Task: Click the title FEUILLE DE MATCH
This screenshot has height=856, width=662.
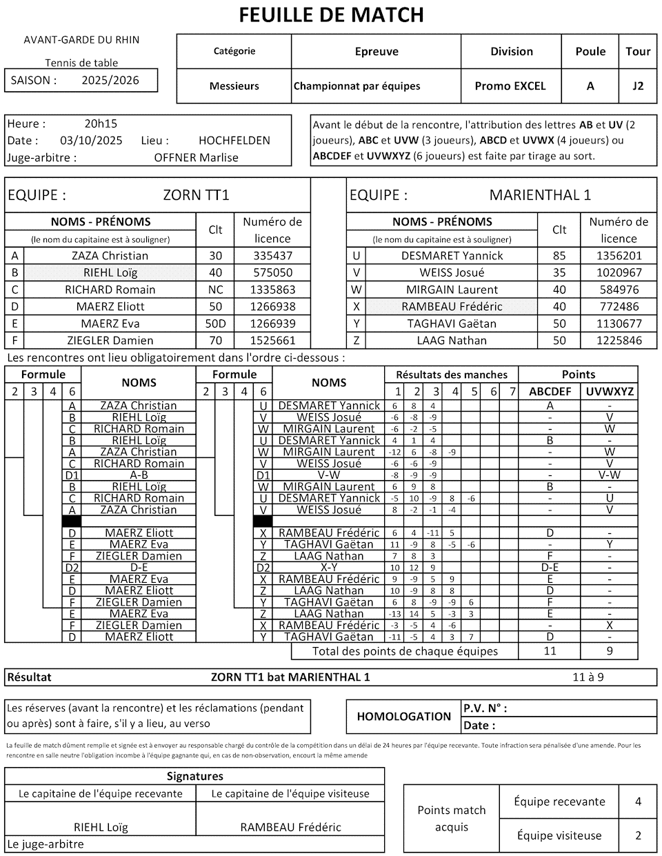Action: pos(331,14)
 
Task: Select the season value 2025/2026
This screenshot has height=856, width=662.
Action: pos(110,80)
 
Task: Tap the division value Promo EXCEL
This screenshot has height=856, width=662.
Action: pos(510,86)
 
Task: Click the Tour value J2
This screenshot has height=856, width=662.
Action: pos(638,86)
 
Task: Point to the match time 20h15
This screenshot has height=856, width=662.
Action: pos(101,124)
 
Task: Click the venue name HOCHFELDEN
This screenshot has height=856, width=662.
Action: pos(234,141)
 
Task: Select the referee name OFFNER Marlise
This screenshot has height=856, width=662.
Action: pos(196,157)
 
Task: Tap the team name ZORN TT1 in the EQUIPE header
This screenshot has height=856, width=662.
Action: pos(196,195)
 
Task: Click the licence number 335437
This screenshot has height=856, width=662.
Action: pos(273,256)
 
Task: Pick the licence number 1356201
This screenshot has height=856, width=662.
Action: pos(619,256)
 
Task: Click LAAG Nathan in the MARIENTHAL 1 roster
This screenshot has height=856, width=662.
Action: pos(452,341)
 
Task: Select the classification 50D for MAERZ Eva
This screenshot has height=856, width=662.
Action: pos(215,324)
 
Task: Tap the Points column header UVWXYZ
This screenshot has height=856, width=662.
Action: pos(609,392)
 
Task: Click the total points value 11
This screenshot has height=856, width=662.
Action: pos(550,651)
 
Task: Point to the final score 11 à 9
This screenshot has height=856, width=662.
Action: pos(588,677)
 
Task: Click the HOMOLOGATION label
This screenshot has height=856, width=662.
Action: pos(403,717)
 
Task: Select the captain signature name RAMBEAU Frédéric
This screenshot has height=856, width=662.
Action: pos(290,827)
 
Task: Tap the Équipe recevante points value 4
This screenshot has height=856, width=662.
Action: pos(638,802)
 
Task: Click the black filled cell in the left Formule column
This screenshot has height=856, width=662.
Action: pos(72,521)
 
